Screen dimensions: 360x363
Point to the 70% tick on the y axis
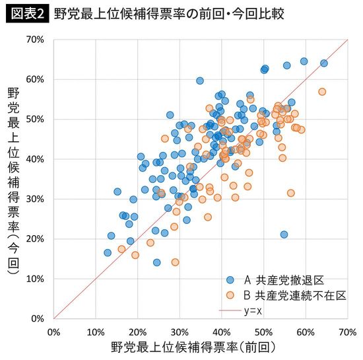pyautogui.click(x=35, y=40)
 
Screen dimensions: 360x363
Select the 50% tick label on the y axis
pyautogui.click(x=35, y=120)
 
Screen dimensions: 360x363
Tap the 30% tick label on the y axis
pyautogui.click(x=35, y=199)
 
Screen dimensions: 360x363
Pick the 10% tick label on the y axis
pyautogui.click(x=35, y=279)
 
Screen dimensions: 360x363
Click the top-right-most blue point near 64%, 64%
pyautogui.click(x=323, y=63)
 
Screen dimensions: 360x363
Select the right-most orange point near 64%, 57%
pyautogui.click(x=322, y=92)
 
